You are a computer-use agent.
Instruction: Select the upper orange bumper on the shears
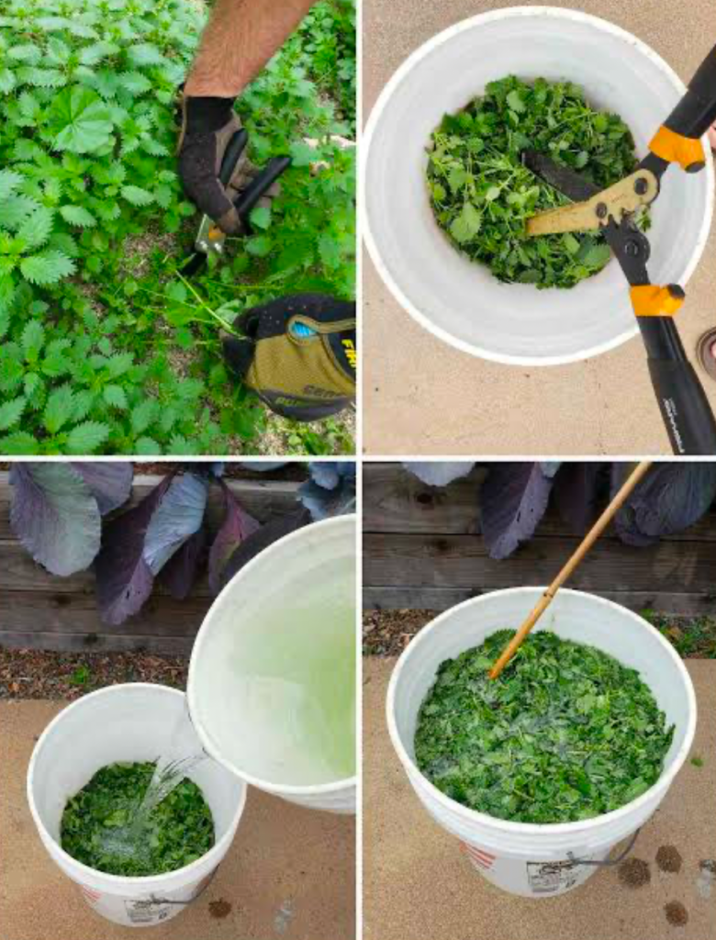pos(677,148)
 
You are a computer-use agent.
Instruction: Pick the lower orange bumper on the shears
pos(656,300)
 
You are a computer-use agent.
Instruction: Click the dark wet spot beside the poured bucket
pos(219,908)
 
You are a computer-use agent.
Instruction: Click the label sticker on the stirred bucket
pos(551,876)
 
